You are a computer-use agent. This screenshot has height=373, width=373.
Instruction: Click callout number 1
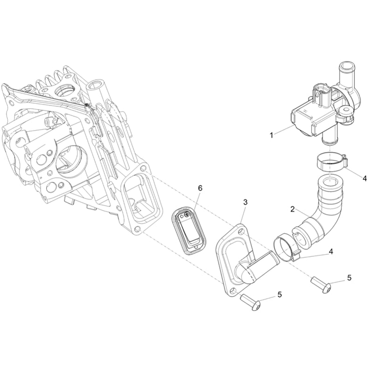[x=271, y=135]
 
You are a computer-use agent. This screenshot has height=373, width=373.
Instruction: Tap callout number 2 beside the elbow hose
[x=293, y=209]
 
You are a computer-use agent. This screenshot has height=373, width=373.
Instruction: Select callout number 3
[x=245, y=202]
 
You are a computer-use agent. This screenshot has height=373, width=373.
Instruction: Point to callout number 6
[x=200, y=188]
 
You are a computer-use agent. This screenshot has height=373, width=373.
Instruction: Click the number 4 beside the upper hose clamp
[x=365, y=179]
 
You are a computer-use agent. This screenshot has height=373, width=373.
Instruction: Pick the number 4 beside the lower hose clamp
[x=331, y=251]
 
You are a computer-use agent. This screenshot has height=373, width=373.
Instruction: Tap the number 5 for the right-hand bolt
[x=349, y=277]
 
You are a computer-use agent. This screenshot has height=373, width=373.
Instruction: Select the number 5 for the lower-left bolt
[x=279, y=295]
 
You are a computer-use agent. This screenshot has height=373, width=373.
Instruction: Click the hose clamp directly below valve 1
[x=332, y=163]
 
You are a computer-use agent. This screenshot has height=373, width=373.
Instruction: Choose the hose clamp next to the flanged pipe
[x=285, y=248]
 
